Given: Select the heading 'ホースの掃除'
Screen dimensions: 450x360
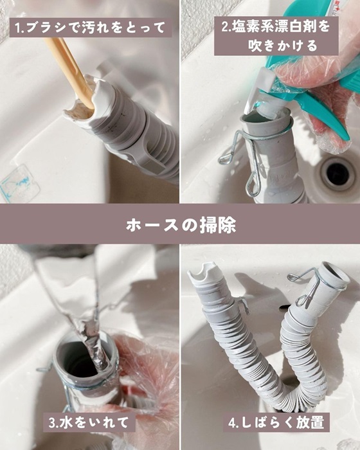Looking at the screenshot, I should tap(180, 225).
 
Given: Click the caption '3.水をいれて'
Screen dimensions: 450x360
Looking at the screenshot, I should tap(90, 422).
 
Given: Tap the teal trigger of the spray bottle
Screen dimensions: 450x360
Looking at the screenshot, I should tap(321, 106).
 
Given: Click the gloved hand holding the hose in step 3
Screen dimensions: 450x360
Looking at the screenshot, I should tap(145, 373).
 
